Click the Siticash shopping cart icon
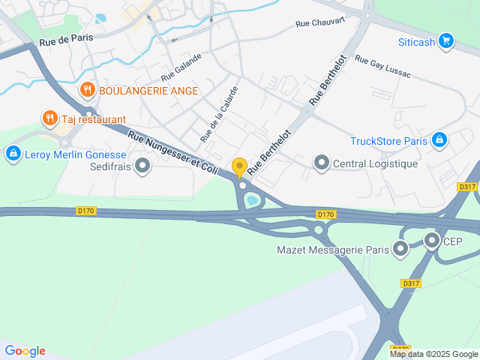point(446,40)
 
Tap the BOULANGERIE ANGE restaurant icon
point(88,91)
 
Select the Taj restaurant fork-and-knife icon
point(50,118)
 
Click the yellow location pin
point(240,166)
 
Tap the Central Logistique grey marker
point(322,162)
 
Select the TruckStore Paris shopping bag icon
point(439,139)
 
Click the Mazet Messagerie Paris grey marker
point(401,248)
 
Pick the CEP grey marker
point(431,241)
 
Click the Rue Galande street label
point(181,67)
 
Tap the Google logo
point(25,350)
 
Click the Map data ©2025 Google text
point(433,354)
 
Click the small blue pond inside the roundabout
point(253,200)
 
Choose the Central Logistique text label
point(375,163)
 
